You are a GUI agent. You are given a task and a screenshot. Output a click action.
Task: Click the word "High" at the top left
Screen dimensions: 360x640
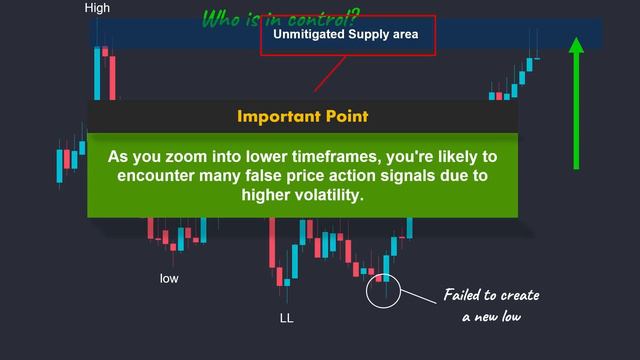click(x=98, y=8)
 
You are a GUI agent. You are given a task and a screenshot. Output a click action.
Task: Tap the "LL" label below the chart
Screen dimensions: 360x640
click(x=287, y=318)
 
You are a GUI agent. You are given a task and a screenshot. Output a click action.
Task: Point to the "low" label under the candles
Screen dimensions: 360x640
click(x=170, y=277)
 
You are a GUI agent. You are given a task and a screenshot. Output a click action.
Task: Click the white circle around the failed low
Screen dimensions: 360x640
click(x=384, y=291)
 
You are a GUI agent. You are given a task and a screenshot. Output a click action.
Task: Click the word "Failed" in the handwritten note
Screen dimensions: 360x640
click(x=467, y=296)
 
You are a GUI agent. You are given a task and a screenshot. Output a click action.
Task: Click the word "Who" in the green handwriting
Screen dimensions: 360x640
click(x=222, y=19)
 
